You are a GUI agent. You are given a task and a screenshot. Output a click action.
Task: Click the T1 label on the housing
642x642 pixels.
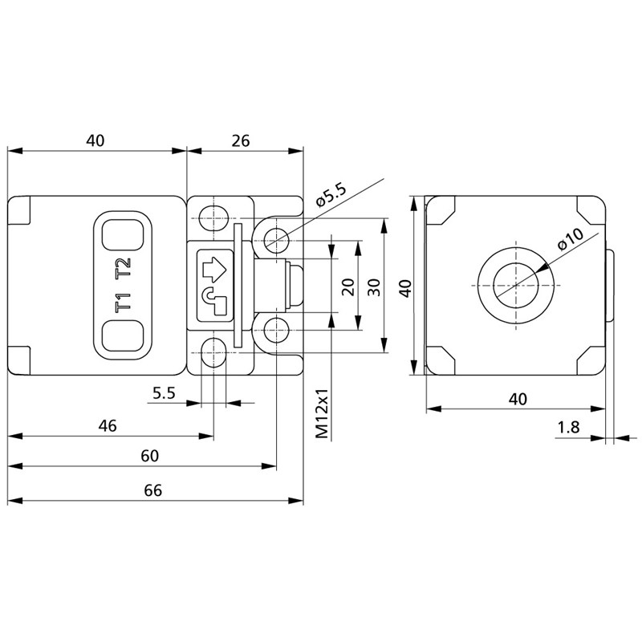tap(122, 304)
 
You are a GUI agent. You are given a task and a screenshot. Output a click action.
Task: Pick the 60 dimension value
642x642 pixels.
tap(149, 456)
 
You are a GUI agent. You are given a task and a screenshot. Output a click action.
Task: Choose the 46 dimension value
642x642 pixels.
tap(108, 426)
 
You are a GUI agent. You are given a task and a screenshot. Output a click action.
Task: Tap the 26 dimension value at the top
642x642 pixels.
tap(241, 140)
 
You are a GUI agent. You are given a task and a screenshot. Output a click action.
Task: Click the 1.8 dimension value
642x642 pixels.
tap(568, 428)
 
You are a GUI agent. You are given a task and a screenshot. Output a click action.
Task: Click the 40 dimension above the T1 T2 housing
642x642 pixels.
tap(95, 140)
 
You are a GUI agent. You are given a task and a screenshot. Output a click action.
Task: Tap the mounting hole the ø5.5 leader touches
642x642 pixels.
tap(278, 238)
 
